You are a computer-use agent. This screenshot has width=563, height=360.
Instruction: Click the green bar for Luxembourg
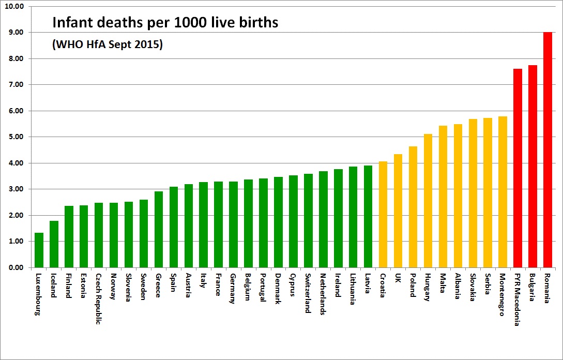coord(39,250)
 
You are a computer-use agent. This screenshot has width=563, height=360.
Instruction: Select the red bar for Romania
coord(547,150)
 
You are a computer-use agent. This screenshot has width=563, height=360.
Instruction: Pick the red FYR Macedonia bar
coord(518,168)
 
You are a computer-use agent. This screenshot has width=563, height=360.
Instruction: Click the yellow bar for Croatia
coord(383,215)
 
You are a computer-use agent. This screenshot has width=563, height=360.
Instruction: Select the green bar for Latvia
coord(368,217)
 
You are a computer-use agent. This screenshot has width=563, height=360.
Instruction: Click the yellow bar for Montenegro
coord(503,192)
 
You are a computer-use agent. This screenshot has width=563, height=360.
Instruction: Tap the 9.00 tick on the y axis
coord(16,33)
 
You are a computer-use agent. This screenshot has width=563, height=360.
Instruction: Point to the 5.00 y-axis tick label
coord(16,137)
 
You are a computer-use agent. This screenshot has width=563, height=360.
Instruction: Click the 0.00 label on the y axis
coord(16,268)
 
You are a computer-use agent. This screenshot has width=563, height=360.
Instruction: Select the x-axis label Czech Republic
coord(99,298)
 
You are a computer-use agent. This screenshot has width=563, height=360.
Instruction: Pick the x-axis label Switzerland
coord(308,293)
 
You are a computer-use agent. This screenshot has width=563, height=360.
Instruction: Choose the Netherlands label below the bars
coord(323,294)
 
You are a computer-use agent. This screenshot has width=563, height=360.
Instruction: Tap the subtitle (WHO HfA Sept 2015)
coord(108,45)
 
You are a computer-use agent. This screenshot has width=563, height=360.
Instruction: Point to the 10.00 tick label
coord(14,7)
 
